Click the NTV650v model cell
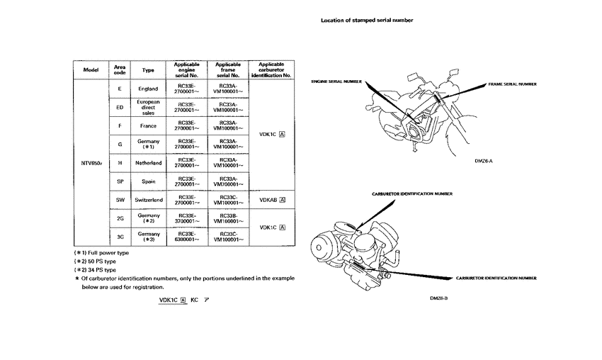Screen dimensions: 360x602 click(92, 163)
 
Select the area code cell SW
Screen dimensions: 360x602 click(120, 200)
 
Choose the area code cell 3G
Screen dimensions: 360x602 click(120, 237)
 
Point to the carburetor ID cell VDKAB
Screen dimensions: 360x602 click(272, 200)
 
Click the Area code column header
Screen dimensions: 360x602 click(120, 70)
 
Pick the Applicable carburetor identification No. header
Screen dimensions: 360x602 click(272, 70)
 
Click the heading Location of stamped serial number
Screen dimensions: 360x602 click(367, 21)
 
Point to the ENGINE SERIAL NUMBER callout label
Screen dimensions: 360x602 click(336, 81)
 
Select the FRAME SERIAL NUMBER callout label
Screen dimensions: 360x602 click(512, 84)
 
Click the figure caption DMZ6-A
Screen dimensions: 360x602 click(483, 160)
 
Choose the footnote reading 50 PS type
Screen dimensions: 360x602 click(99, 261)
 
